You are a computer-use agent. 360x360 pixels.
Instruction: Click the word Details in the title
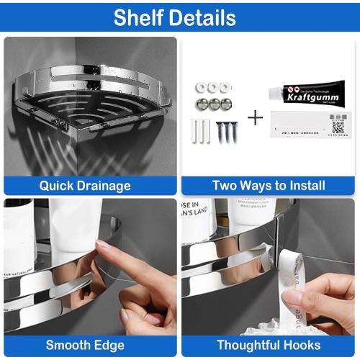[204, 17]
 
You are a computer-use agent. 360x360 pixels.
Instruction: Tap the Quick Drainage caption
[85, 186]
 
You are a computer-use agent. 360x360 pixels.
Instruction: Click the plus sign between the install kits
[254, 117]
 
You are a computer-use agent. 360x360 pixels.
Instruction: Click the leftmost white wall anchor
[195, 132]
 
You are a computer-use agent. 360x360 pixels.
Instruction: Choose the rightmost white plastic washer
[229, 88]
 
